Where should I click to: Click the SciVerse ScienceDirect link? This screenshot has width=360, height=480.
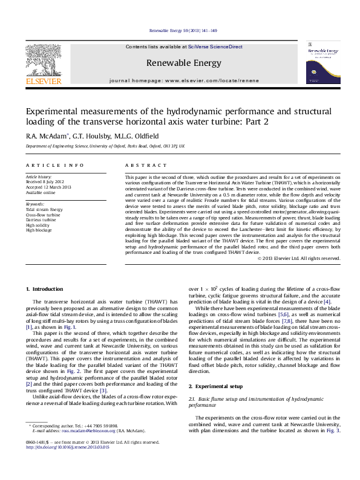[x=215, y=47]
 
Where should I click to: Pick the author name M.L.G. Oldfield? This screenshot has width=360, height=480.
[x=136, y=136]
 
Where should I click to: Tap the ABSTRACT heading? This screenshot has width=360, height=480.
[x=146, y=165]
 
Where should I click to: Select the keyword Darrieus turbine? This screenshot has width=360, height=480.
[x=41, y=220]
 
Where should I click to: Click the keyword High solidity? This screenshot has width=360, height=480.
[x=38, y=225]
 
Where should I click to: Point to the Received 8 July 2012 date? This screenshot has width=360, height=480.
[x=46, y=182]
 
